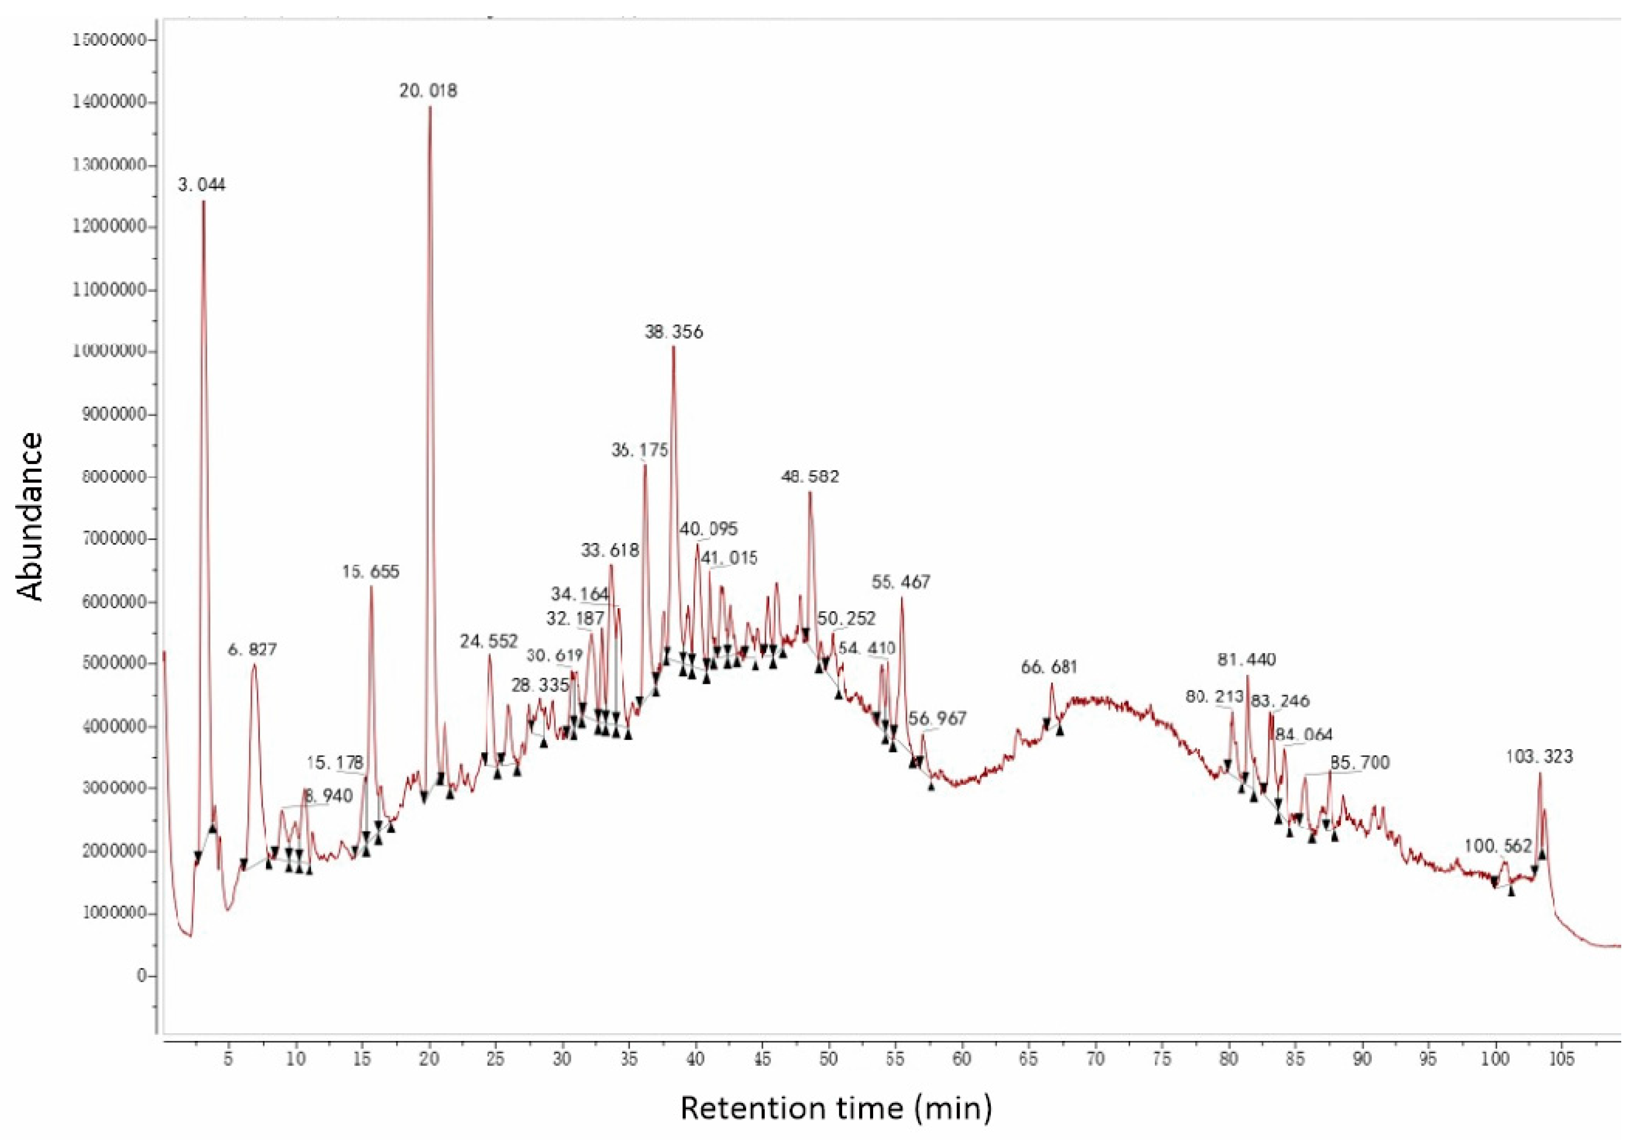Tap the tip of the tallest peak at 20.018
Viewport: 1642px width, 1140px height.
point(430,107)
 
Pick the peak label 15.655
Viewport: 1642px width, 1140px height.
point(371,572)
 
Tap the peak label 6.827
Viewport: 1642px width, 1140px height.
point(252,650)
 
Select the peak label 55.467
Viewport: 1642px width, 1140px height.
point(901,582)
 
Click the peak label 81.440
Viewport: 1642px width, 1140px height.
point(1246,659)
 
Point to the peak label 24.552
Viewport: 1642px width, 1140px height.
point(488,642)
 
